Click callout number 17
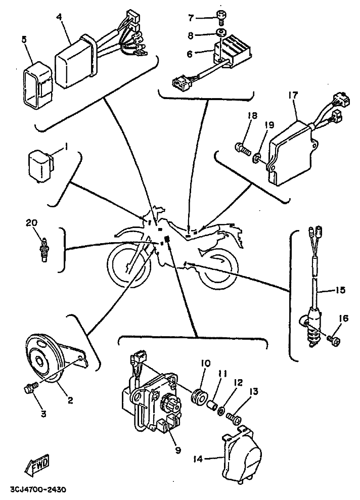tap(293, 95)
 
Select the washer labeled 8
tap(220, 33)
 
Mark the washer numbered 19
tap(257, 158)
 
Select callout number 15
tap(340, 290)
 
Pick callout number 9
tap(178, 450)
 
